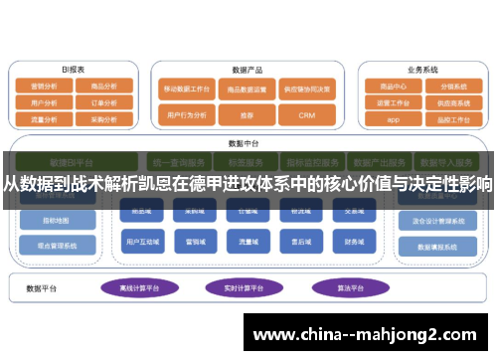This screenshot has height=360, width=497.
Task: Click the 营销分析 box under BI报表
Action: (x=46, y=87)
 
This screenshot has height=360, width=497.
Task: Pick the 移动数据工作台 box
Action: (x=187, y=89)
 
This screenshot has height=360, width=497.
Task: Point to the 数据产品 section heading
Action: (x=246, y=71)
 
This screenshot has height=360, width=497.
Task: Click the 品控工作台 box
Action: (x=451, y=117)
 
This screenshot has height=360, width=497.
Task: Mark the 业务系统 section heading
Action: (x=421, y=70)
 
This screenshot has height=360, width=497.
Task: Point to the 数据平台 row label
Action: (x=41, y=288)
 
